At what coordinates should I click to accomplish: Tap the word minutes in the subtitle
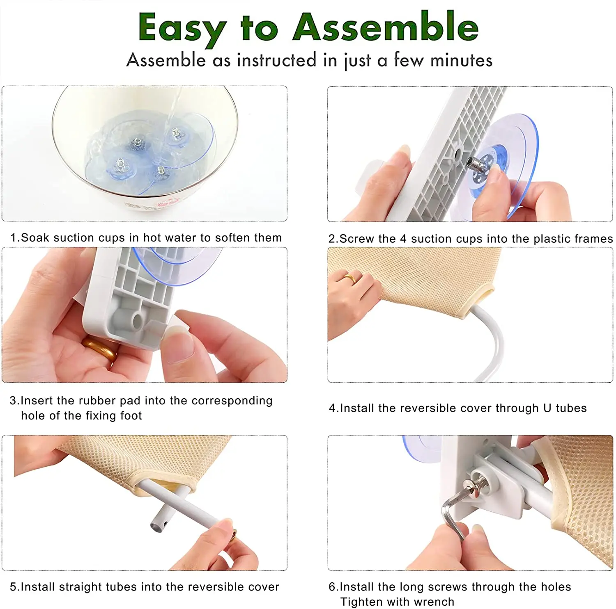(461, 61)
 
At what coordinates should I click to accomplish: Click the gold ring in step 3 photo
(100, 349)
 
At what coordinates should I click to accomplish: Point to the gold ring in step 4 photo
(350, 279)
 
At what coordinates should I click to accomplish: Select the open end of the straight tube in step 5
(156, 526)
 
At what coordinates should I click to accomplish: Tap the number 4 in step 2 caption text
(403, 239)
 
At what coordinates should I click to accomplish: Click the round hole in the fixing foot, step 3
(137, 320)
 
